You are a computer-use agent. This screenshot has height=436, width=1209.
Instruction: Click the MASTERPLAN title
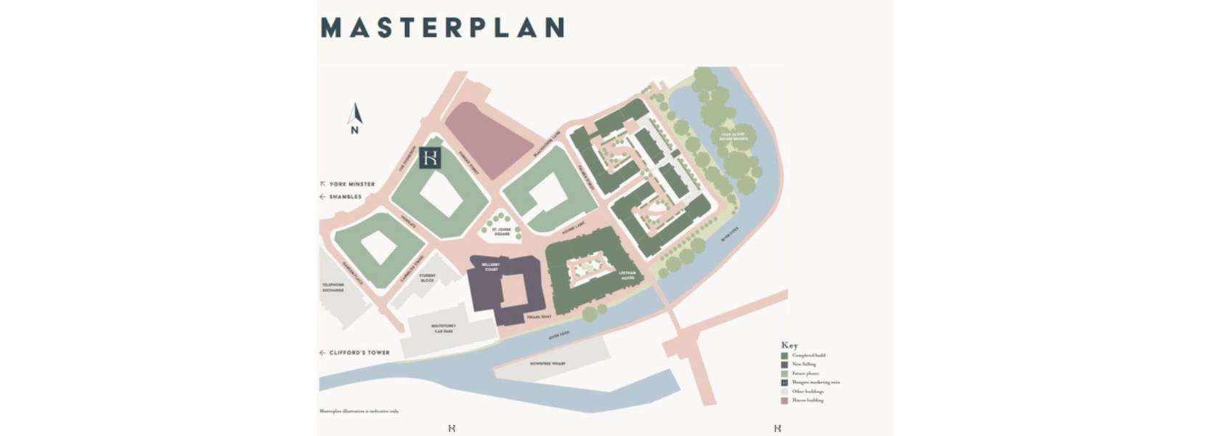(442, 28)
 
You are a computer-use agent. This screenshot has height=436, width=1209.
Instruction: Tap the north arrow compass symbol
(354, 118)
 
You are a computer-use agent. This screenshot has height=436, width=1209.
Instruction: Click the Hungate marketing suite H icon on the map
(431, 158)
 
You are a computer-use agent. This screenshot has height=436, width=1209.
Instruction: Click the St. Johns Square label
(502, 232)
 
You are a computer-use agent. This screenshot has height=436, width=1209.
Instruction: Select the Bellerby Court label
(492, 267)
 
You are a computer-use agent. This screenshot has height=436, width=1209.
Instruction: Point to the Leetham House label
(627, 275)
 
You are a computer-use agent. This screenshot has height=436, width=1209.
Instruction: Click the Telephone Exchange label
(333, 287)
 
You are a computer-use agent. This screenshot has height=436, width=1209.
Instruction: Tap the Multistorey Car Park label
(444, 328)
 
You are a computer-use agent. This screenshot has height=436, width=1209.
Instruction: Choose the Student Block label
(427, 278)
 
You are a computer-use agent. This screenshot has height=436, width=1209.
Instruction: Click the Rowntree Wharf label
(547, 363)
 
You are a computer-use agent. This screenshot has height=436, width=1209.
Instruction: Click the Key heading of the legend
(789, 345)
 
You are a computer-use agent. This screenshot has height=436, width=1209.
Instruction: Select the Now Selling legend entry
(803, 364)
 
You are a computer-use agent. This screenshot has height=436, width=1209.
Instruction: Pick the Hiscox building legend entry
(807, 400)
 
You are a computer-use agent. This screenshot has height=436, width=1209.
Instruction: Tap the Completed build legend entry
(807, 355)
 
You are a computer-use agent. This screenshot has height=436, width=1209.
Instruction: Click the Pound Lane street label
(573, 229)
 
